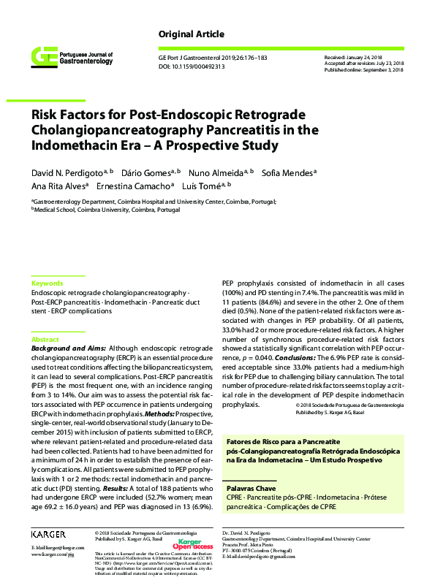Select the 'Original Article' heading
[191, 34]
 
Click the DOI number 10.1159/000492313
[203, 66]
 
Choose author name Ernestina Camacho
[137, 186]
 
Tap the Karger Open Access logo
[194, 545]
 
